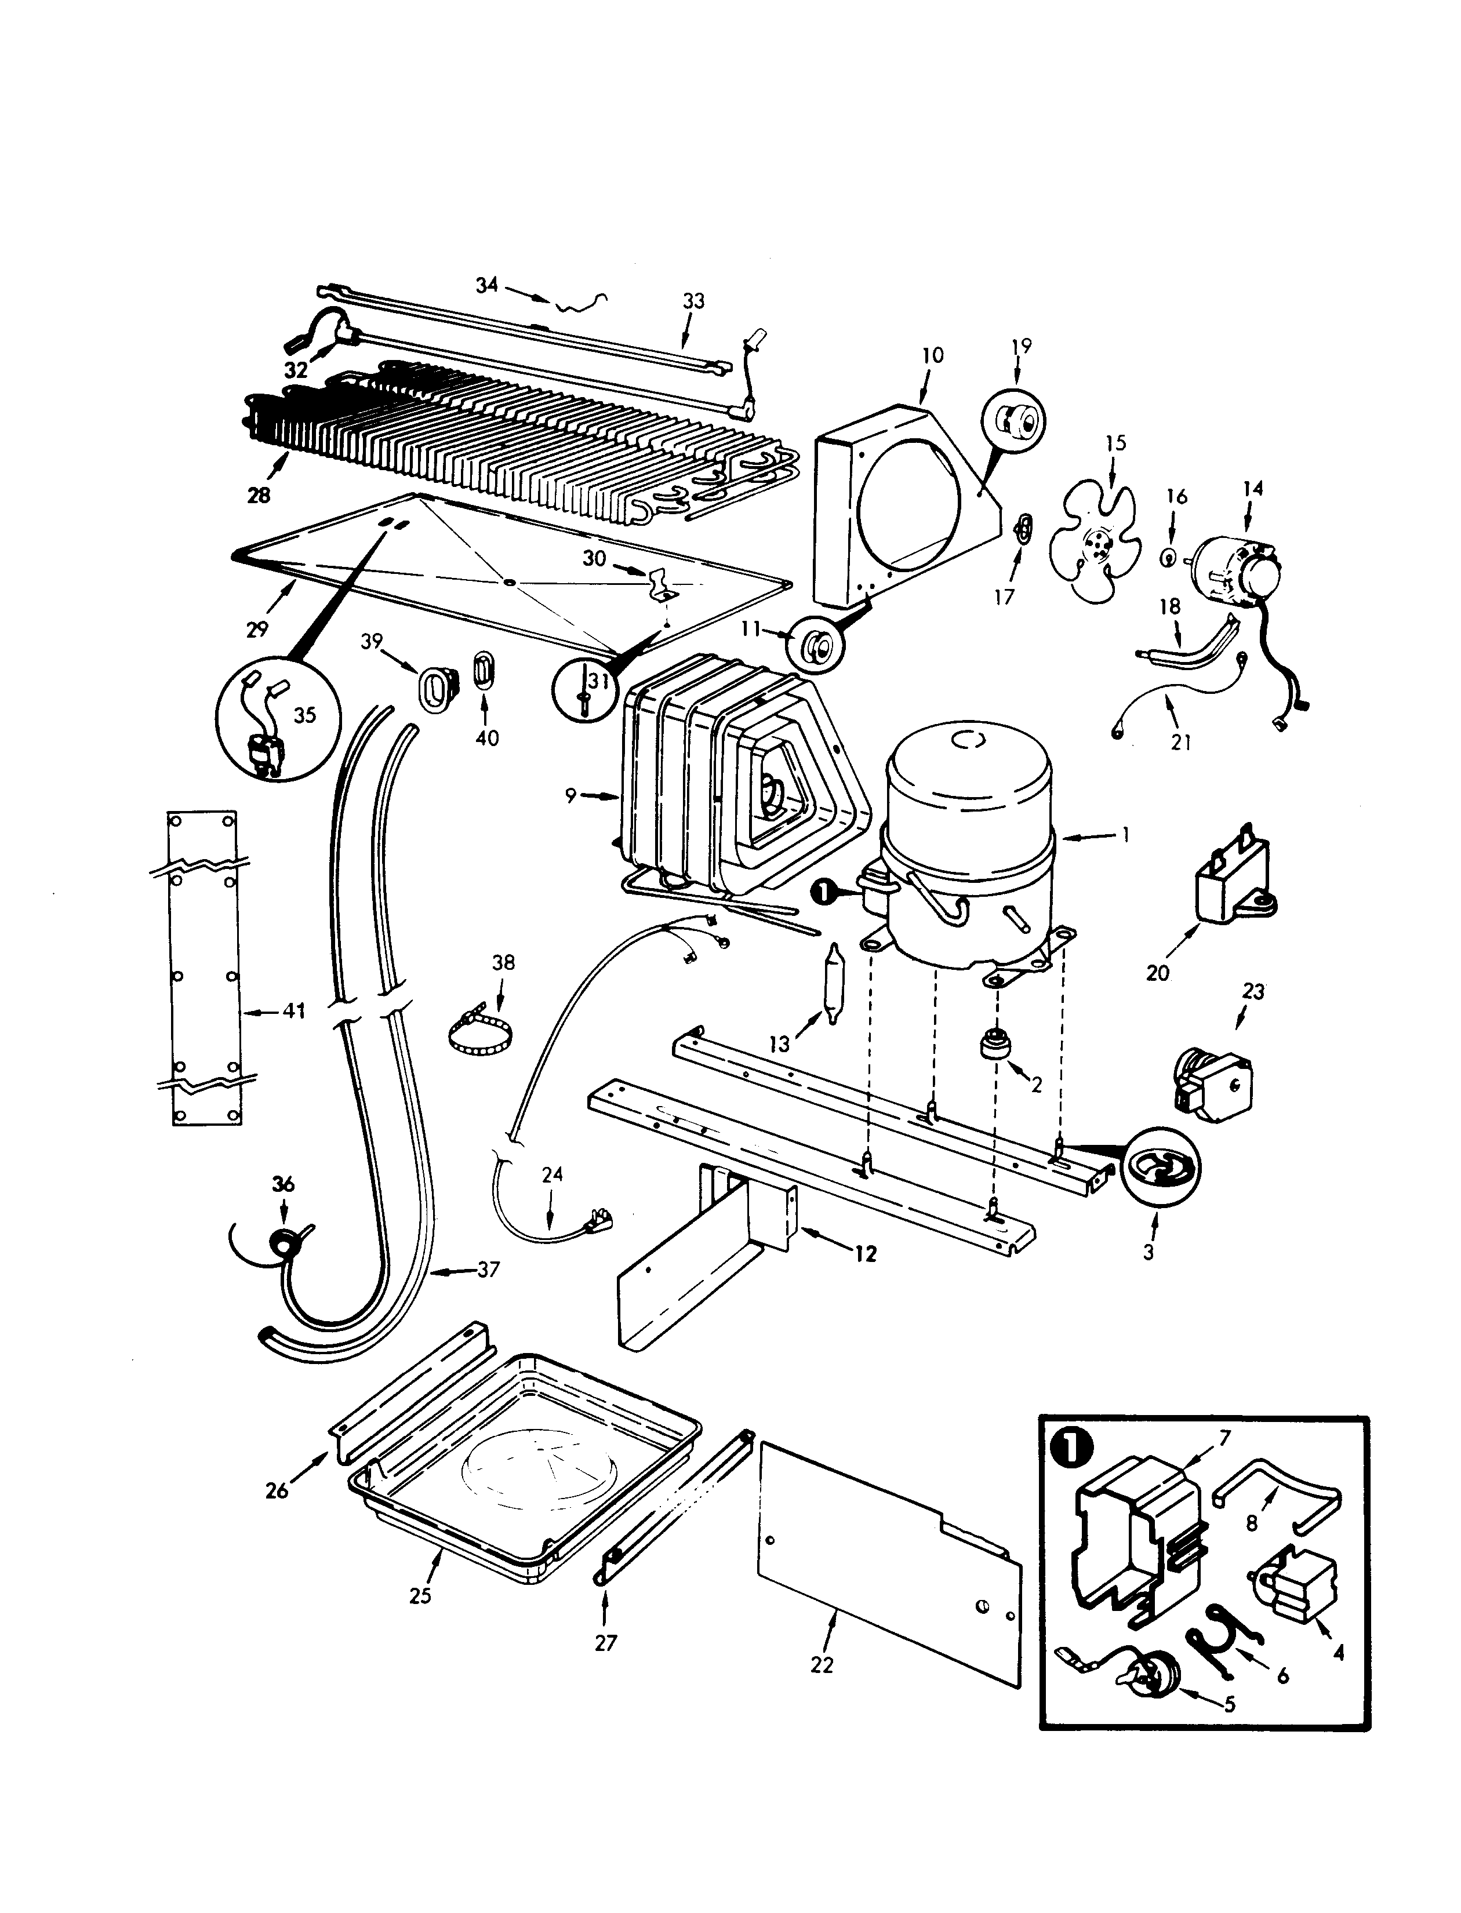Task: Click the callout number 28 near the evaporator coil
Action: (x=259, y=495)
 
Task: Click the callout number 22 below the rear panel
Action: (x=821, y=1664)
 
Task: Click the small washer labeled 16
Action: (x=1171, y=557)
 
